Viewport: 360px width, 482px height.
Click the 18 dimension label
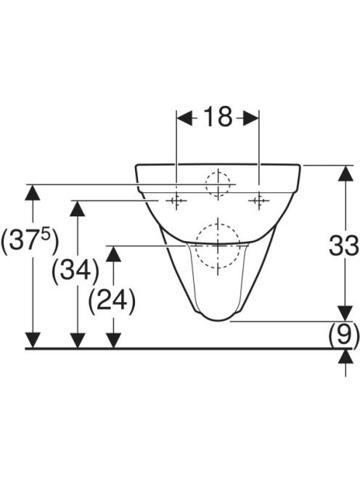[218, 117]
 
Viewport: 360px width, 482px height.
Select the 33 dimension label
[344, 245]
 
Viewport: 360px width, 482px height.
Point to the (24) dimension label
[112, 300]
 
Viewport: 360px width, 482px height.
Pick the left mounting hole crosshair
[176, 201]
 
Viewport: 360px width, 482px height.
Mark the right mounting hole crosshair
[259, 201]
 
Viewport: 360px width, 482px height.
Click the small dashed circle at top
[218, 184]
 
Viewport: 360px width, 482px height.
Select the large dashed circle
[218, 247]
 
